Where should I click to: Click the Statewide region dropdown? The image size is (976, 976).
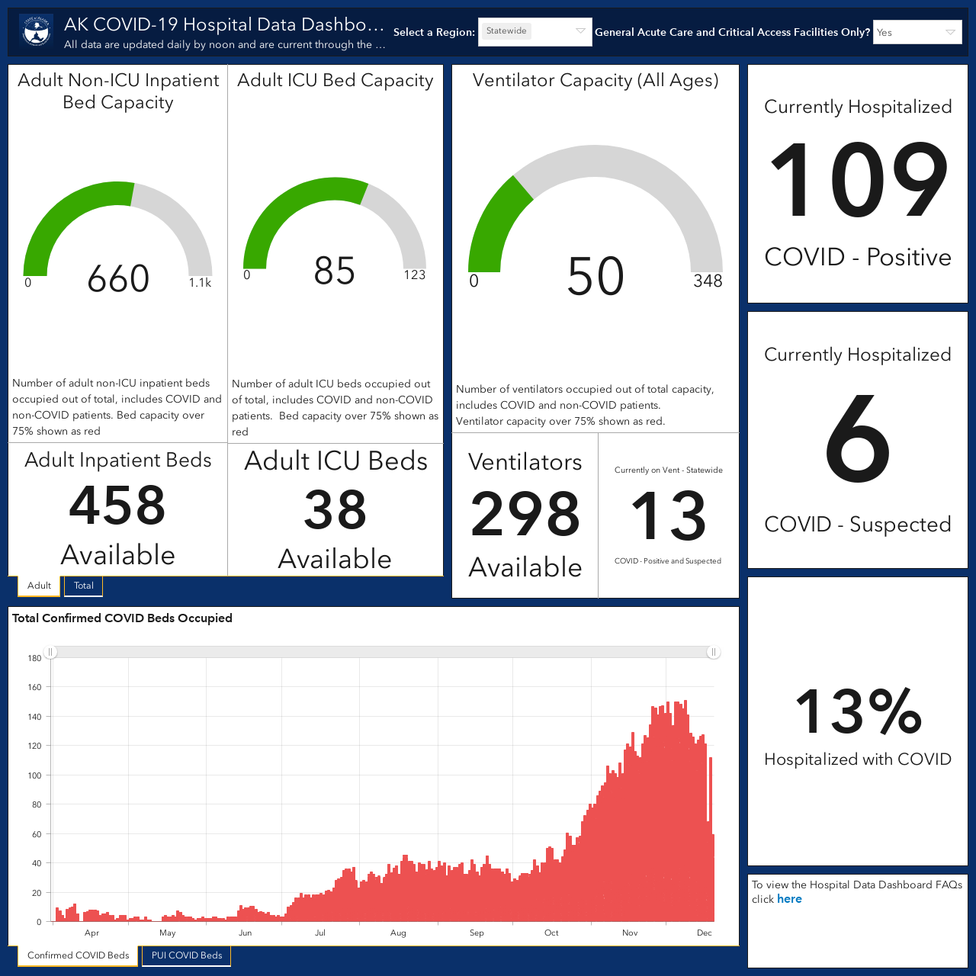[x=535, y=32]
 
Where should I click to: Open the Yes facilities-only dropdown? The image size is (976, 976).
[x=917, y=32]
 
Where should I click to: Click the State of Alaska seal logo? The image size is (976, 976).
[x=37, y=32]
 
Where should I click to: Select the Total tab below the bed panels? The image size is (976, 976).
[x=84, y=586]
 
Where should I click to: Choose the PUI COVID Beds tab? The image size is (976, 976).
[x=186, y=955]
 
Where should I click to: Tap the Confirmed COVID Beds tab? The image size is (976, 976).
[x=78, y=955]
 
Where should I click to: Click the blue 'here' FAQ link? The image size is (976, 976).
[x=789, y=899]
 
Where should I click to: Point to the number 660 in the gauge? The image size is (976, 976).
[x=118, y=278]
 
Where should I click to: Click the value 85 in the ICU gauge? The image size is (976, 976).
[x=334, y=271]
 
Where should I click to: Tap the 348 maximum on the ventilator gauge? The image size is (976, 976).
[x=708, y=281]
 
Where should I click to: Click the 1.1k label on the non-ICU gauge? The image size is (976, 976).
[x=200, y=283]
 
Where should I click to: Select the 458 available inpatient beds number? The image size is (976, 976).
[x=117, y=505]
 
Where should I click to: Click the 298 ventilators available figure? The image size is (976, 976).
[x=525, y=514]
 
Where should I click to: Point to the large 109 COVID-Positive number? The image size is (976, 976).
[x=858, y=180]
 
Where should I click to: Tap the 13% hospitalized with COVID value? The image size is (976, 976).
[x=858, y=711]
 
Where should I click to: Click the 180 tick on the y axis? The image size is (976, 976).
[x=34, y=659]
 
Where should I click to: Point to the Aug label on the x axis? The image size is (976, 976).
[x=398, y=933]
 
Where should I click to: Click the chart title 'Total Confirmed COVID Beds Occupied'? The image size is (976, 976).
[x=122, y=618]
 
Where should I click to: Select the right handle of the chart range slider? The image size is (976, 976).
[x=713, y=653]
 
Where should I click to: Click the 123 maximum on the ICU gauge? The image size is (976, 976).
[x=414, y=275]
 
